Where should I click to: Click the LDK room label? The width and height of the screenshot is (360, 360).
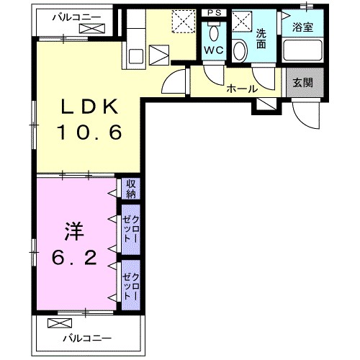click(89, 107)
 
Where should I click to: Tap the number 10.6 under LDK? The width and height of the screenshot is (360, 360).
click(89, 132)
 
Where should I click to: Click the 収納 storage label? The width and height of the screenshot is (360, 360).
click(131, 188)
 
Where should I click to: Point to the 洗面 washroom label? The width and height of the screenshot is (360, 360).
click(262, 37)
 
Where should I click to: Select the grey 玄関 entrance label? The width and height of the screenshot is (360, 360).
click(302, 82)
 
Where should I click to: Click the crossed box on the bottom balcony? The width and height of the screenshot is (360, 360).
click(55, 323)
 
